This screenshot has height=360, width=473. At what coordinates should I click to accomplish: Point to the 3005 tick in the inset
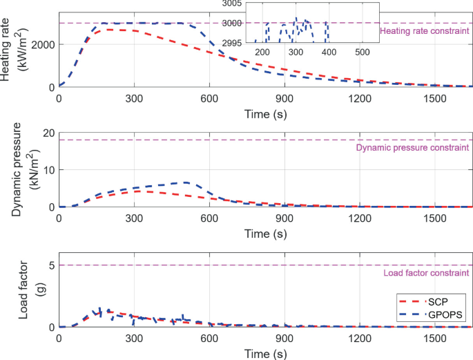pyautogui.click(x=241, y=4)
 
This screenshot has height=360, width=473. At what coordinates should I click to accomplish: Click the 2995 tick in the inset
pyautogui.click(x=241, y=42)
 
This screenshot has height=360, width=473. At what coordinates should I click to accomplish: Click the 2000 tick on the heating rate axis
pyautogui.click(x=43, y=44)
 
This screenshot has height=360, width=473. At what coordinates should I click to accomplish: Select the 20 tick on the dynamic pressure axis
pyautogui.click(x=48, y=133)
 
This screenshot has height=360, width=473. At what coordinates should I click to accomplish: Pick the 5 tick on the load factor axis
pyautogui.click(x=51, y=265)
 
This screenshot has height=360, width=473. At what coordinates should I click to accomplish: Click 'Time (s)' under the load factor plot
pyautogui.click(x=266, y=354)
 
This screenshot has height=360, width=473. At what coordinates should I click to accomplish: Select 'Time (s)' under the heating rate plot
pyautogui.click(x=266, y=113)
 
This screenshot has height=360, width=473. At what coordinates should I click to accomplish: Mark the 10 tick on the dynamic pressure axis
pyautogui.click(x=48, y=170)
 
